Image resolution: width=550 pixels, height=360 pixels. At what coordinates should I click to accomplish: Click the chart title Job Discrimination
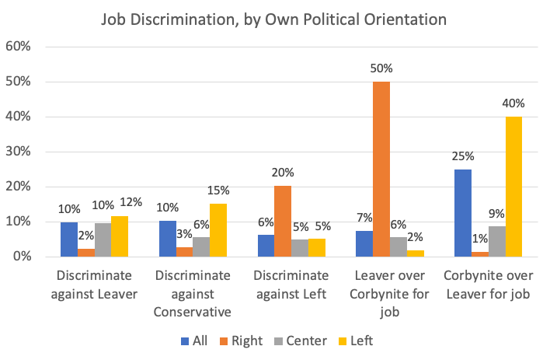point(275,18)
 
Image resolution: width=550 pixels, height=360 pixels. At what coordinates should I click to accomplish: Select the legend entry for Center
point(300,341)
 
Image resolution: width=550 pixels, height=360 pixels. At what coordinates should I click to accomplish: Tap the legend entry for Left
point(358,341)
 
